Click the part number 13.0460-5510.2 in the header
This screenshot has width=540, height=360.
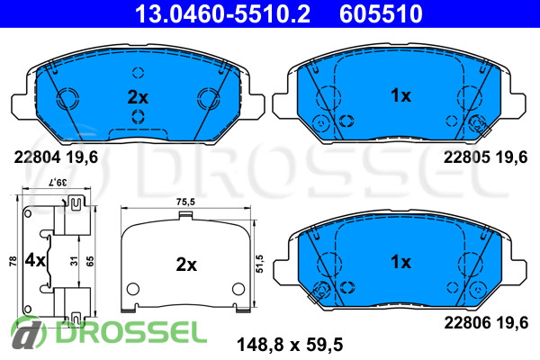222,13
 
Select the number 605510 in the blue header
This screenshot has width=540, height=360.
381,13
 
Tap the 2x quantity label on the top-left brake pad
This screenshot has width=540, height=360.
138,97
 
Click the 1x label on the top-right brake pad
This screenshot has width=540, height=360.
400,95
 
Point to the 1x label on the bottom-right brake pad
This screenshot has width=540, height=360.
400,262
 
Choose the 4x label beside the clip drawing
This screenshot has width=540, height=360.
35,260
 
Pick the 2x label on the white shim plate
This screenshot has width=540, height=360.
186,265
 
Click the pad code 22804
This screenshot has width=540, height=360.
37,157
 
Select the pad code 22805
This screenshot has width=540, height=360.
466,157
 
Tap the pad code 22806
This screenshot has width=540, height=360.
467,323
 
